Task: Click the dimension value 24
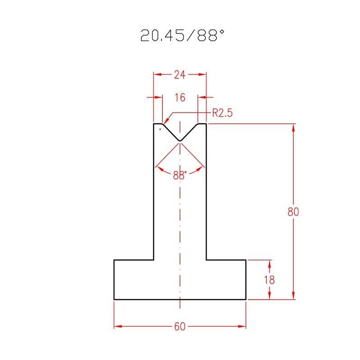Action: point(180,75)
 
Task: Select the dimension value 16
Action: point(180,98)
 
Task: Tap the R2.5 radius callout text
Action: point(222,113)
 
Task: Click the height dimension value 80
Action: point(293,211)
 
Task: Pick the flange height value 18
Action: point(269,279)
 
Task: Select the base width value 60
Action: point(180,327)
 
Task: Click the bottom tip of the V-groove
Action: point(180,141)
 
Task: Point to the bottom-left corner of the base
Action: point(114,299)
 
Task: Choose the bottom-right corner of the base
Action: point(246,299)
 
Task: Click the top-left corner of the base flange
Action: point(114,260)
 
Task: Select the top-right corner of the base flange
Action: point(246,260)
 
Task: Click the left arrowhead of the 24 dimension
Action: point(157,75)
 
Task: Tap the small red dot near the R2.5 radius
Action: point(160,129)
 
